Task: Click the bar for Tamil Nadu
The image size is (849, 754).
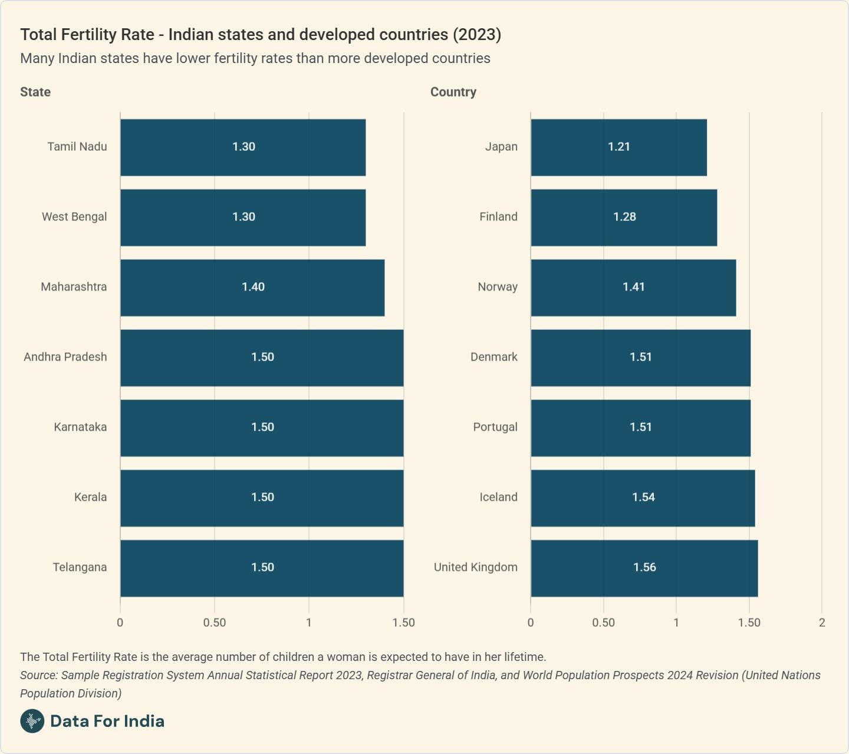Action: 243,147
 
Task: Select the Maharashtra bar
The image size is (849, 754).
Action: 252,287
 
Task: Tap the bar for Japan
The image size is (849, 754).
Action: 618,147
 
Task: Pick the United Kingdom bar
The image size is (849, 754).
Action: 644,568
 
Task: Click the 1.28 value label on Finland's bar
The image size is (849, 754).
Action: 624,217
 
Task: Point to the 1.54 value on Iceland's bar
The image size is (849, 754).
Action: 643,497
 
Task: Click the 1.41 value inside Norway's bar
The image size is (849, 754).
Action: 634,287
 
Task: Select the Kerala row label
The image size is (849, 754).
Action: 90,497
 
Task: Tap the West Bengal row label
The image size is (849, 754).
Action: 74,217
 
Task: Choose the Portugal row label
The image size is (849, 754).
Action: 495,427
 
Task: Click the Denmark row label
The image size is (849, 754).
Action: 494,357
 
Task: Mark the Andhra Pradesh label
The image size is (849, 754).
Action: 65,357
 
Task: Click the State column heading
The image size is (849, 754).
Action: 35,92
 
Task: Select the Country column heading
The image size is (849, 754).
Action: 453,92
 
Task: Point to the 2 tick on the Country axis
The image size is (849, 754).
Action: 822,623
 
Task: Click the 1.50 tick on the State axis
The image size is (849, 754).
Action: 403,623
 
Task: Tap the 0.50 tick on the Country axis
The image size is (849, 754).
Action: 603,623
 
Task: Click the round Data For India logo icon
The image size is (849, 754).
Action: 32,721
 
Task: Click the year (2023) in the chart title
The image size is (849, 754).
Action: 477,35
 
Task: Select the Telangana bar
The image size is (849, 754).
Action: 262,568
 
